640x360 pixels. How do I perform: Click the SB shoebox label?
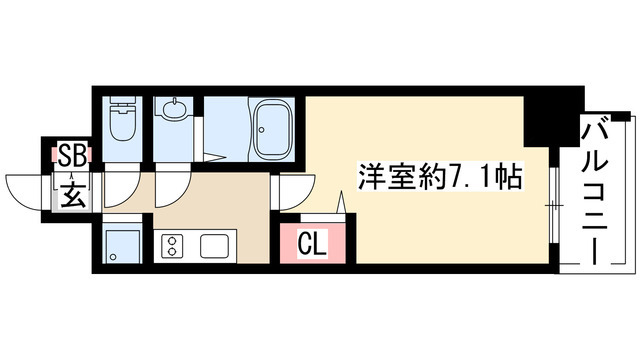pyautogui.click(x=71, y=155)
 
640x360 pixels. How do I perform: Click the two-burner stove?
pyautogui.click(x=172, y=245)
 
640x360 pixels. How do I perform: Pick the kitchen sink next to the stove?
pyautogui.click(x=215, y=245)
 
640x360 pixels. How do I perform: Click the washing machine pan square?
pyautogui.click(x=124, y=242)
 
